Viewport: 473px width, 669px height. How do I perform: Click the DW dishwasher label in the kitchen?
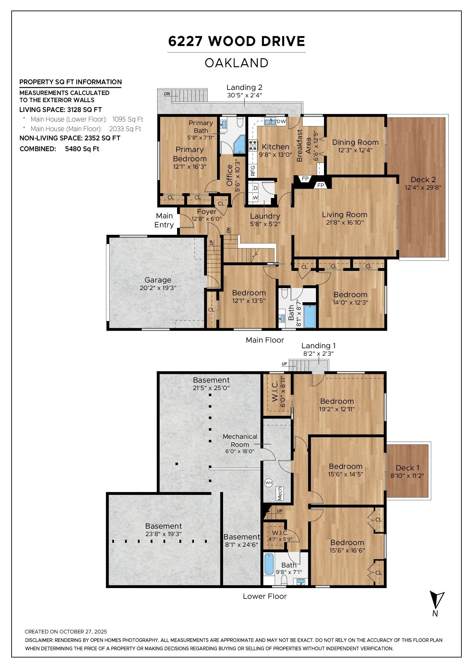tap(281, 121)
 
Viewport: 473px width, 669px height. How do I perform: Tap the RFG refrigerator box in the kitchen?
tap(253, 170)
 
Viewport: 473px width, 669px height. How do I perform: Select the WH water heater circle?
tap(268, 482)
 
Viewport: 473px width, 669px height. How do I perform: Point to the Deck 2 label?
tap(423, 179)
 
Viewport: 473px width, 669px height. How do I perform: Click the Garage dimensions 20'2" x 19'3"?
tap(158, 288)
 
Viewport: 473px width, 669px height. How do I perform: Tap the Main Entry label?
tap(164, 220)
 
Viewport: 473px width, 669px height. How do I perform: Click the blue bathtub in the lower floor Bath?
tap(269, 564)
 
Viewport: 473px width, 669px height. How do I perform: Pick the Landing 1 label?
tap(318, 346)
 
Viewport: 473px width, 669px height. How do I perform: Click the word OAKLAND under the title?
tap(236, 63)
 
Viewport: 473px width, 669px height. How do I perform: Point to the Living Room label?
tap(345, 214)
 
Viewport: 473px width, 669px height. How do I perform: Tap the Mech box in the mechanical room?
tap(280, 494)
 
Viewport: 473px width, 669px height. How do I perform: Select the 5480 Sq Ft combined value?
tap(82, 149)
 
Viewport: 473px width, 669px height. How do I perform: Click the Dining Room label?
tap(355, 142)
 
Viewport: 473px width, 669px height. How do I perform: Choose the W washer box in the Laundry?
tap(255, 197)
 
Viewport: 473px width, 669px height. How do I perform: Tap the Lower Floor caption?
tap(265, 596)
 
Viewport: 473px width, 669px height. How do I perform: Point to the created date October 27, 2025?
tap(66, 632)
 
